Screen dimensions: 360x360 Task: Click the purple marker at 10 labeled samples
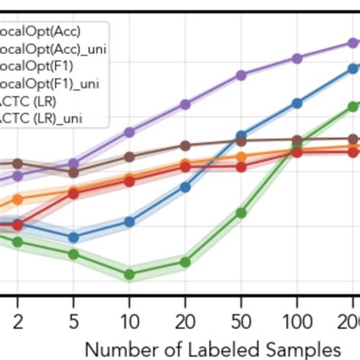130,132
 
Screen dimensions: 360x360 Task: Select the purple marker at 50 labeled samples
241,75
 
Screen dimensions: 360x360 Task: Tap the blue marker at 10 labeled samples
130,222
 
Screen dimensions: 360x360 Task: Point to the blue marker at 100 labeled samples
297,102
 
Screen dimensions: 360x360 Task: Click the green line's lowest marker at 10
130,274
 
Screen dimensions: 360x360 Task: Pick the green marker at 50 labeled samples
241,213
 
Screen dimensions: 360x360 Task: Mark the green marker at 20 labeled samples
185,262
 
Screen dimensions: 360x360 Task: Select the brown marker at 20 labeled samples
185,145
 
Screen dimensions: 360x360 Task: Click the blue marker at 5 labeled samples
74,237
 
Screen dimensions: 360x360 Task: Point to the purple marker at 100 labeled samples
297,58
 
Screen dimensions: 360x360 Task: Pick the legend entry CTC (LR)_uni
41,118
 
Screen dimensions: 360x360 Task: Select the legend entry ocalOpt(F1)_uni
50,83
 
